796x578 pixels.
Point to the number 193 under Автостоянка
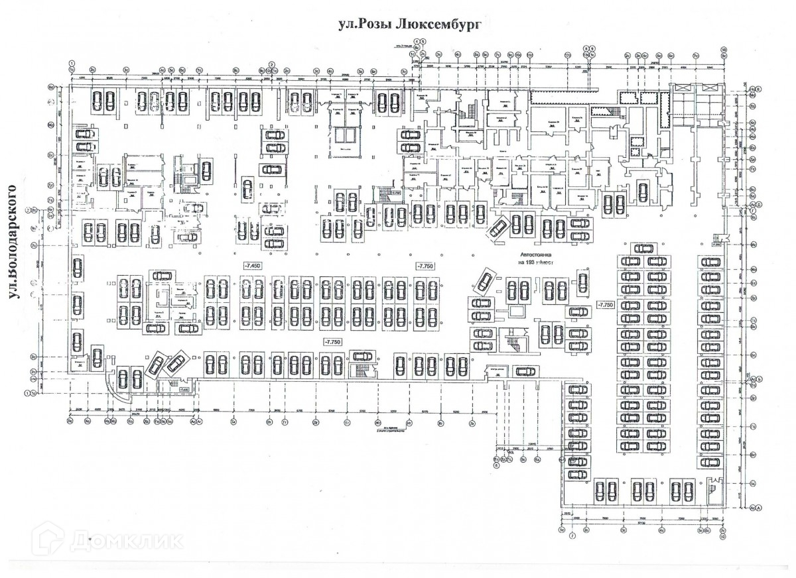[x=529, y=262]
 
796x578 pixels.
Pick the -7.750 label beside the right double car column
[x=606, y=304]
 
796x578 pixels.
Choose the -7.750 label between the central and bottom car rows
[x=332, y=341]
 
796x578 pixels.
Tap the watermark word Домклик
[x=126, y=540]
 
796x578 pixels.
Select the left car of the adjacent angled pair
[x=157, y=365]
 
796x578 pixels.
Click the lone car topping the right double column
[x=643, y=249]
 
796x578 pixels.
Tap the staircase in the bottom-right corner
[x=712, y=488]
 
